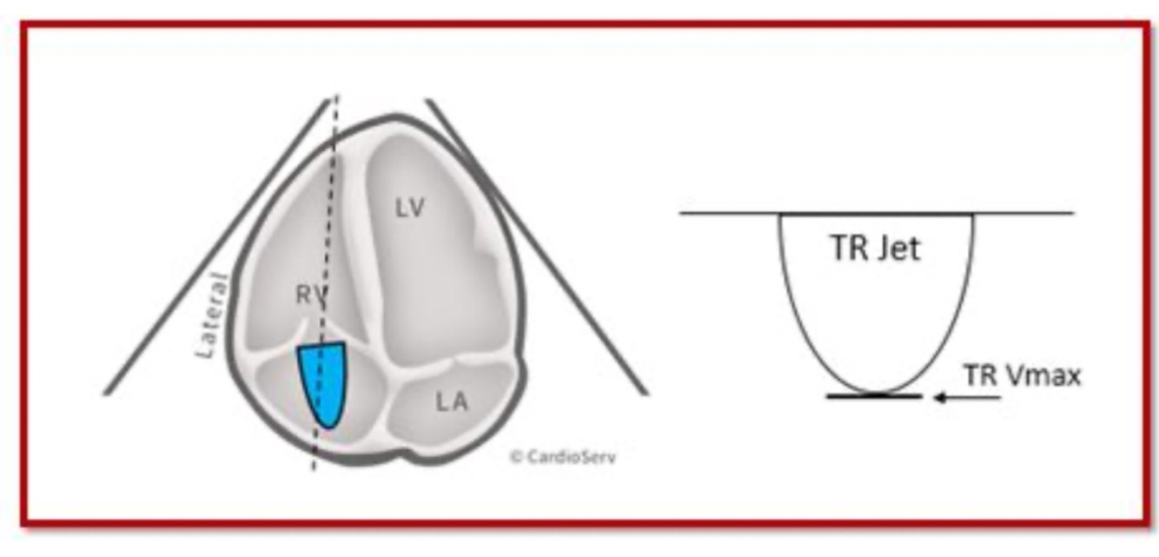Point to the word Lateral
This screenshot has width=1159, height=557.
tap(210, 315)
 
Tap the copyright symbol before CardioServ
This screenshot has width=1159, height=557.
tap(514, 455)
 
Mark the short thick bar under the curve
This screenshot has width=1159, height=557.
tap(873, 396)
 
